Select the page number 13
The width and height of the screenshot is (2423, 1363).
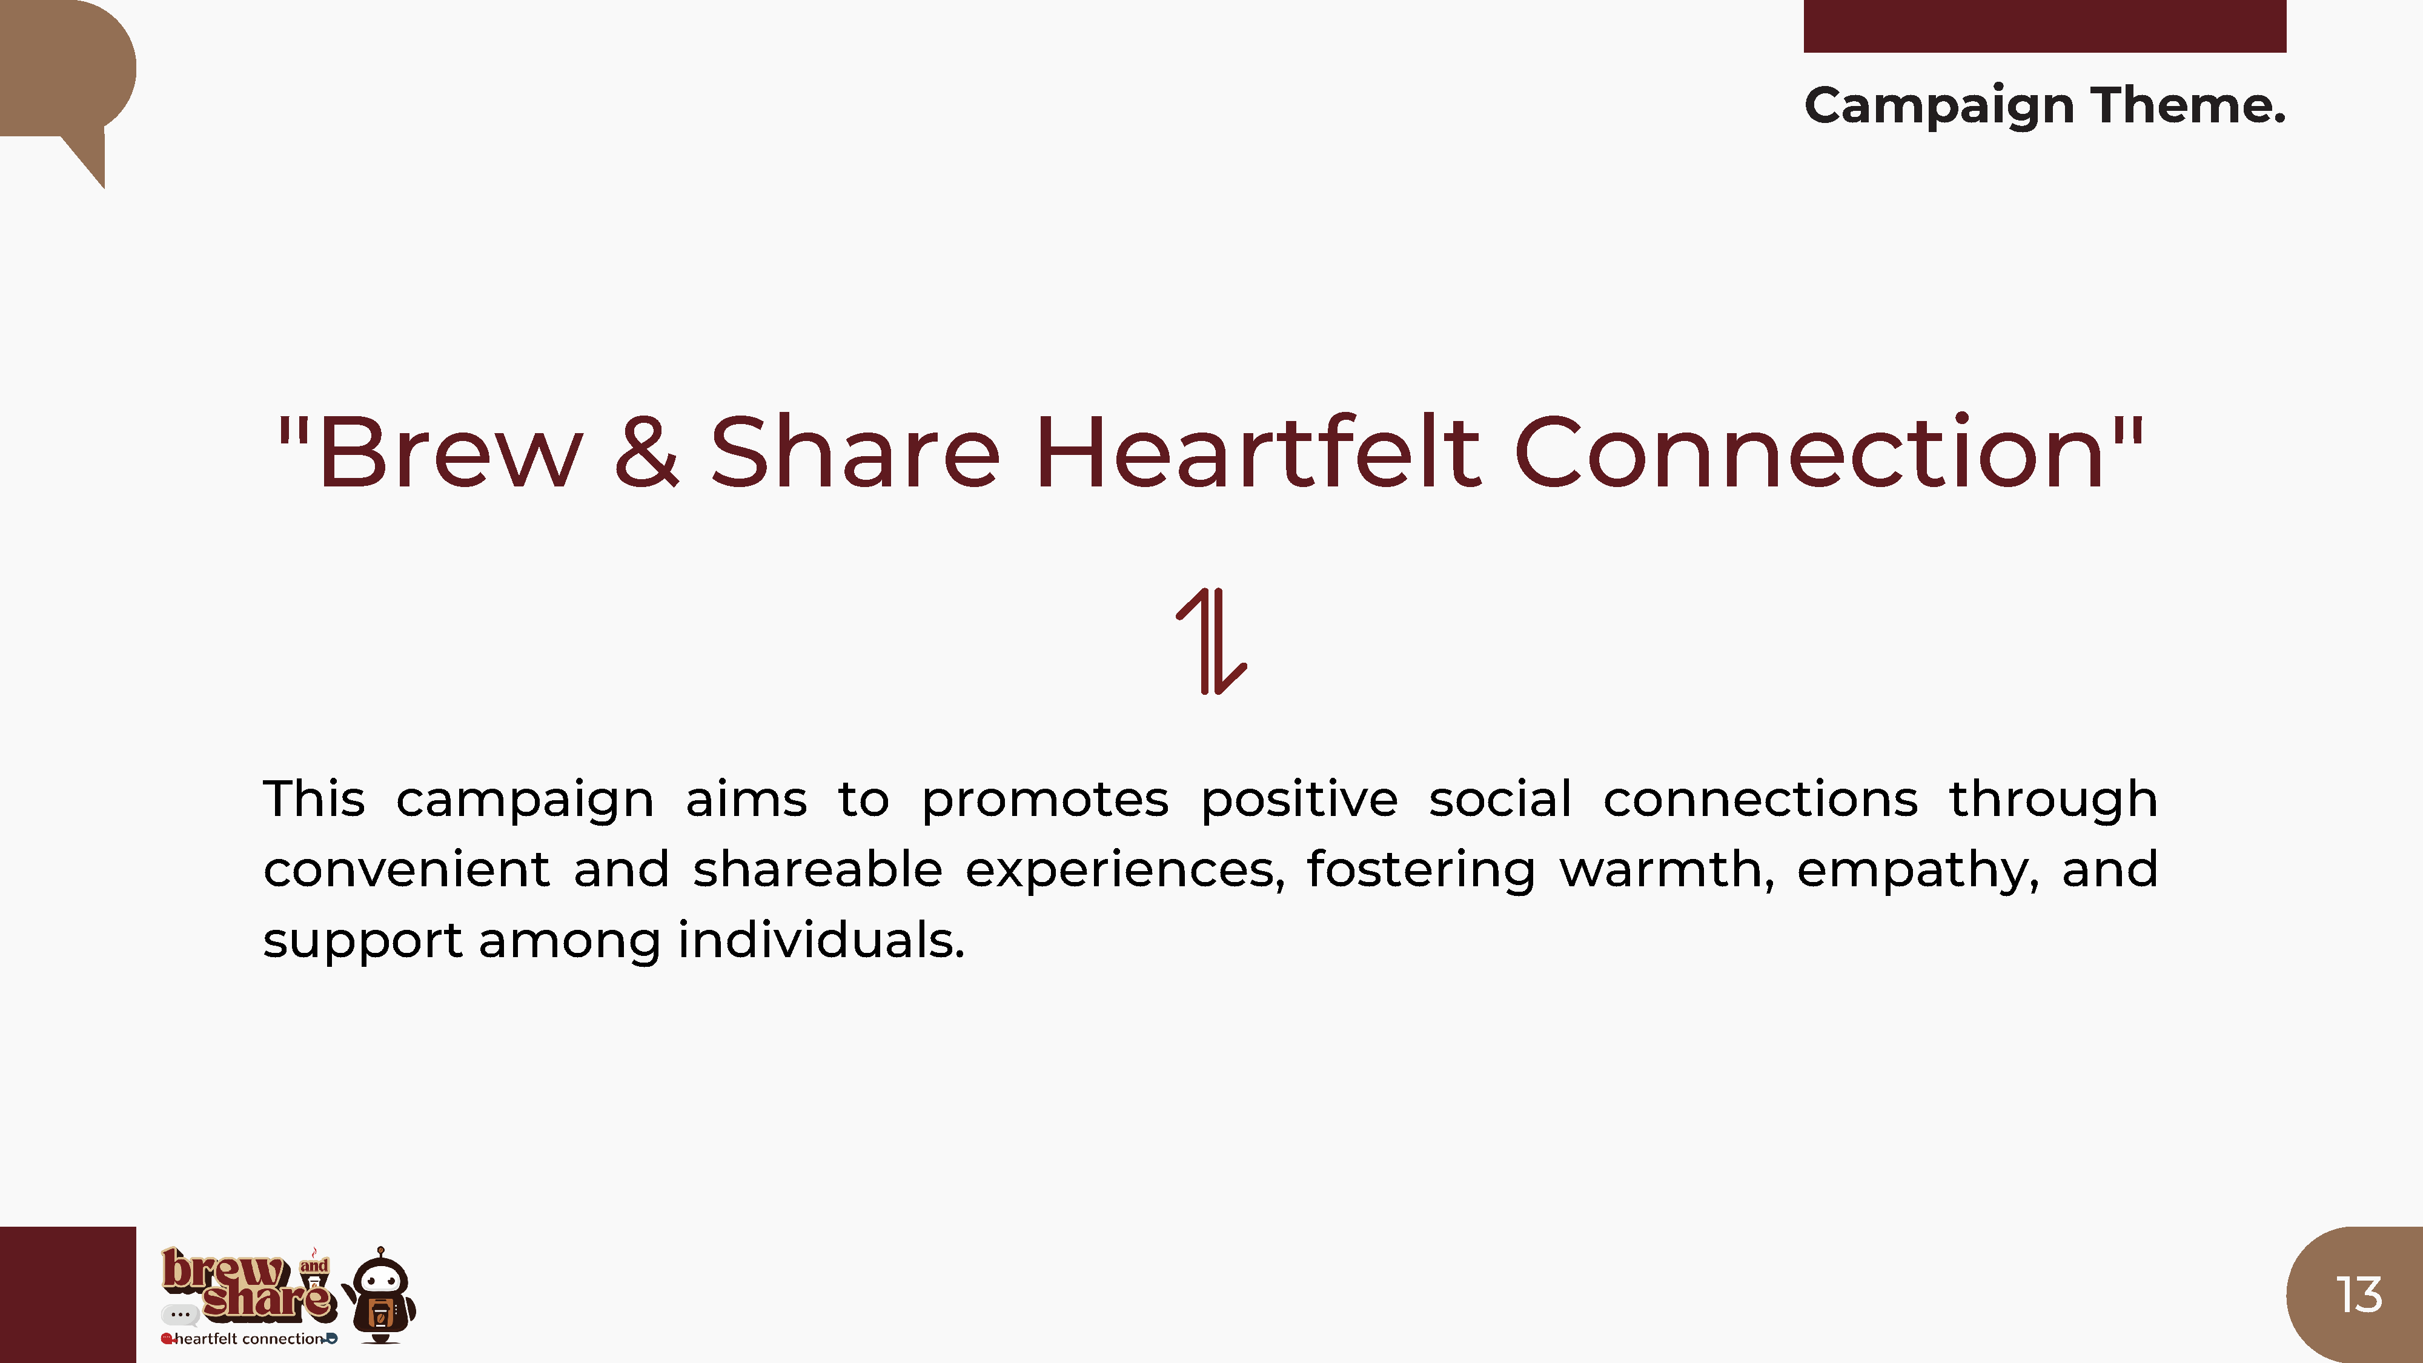2359,1295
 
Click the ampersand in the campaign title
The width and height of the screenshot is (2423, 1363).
646,453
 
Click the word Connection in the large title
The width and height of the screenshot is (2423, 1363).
1809,453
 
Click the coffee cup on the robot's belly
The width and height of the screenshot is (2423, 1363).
379,1313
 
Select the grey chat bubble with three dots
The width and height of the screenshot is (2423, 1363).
180,1314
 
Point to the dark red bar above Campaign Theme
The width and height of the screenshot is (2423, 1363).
2045,25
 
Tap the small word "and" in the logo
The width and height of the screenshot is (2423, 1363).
314,1266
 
